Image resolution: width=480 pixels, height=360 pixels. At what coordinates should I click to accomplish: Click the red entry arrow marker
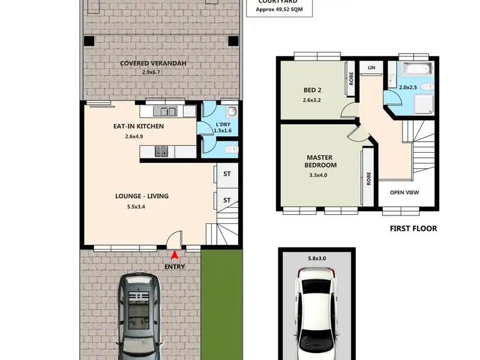click(x=175, y=255)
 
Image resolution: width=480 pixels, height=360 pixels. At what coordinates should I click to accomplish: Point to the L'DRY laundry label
click(x=223, y=124)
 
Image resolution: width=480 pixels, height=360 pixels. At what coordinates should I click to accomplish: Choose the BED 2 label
click(x=313, y=90)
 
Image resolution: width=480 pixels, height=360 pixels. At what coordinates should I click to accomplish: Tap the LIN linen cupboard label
click(x=371, y=67)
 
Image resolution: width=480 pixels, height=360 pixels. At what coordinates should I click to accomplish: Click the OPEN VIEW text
click(x=404, y=192)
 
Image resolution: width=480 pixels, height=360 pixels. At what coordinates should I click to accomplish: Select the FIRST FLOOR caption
click(x=413, y=228)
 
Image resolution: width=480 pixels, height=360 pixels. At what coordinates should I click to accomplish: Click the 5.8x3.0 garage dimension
click(x=317, y=258)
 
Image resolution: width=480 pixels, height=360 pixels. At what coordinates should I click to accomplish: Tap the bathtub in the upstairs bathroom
click(x=415, y=68)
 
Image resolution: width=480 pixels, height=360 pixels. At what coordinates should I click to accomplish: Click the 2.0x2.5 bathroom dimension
click(x=408, y=87)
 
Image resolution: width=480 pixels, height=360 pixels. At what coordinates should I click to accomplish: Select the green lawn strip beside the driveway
click(x=223, y=304)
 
